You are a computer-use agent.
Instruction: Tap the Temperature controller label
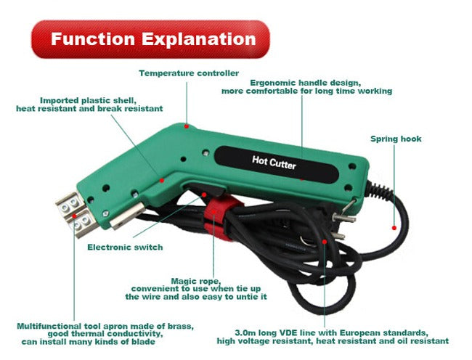pos(189,73)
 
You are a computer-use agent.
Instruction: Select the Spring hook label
pos(396,139)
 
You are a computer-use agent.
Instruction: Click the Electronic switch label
pos(125,247)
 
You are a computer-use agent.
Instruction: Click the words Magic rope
pos(194,280)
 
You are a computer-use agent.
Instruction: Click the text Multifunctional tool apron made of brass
pos(105,325)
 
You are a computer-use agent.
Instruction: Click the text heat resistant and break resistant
pos(89,108)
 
